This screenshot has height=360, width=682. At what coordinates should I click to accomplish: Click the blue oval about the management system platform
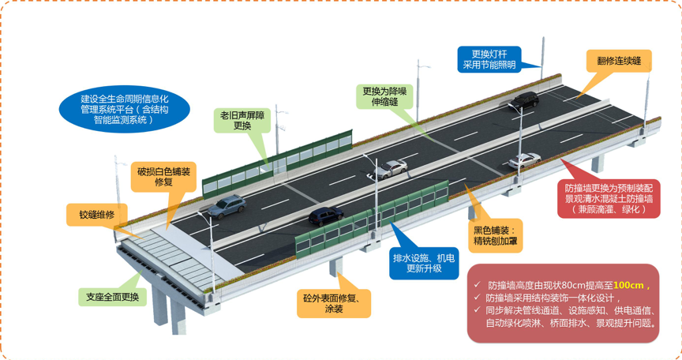[125, 109]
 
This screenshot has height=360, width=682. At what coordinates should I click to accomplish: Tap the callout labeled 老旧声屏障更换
[242, 121]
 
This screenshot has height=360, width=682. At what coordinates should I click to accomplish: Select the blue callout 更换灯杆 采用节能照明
[489, 59]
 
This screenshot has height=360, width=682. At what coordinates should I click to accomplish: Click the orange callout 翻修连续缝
[619, 61]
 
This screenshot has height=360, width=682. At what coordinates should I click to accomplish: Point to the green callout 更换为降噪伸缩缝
[384, 96]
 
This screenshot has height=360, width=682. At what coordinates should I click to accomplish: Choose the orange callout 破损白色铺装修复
[163, 177]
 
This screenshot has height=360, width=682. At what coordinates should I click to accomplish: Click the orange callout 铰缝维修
[96, 215]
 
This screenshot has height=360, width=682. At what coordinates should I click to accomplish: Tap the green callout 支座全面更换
[112, 297]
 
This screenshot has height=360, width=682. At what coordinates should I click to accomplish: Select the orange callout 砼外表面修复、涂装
[334, 303]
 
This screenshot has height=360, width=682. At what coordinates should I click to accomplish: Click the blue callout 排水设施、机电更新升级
[424, 263]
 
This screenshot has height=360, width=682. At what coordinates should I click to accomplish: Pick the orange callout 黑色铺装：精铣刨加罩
[495, 235]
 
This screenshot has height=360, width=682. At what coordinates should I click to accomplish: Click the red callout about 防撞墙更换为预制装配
[609, 199]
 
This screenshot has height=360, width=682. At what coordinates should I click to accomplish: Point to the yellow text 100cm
[628, 286]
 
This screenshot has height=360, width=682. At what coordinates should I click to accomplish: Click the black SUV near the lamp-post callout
[525, 100]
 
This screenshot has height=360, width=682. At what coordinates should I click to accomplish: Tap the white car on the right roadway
[525, 160]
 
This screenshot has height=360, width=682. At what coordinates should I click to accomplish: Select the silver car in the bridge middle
[391, 169]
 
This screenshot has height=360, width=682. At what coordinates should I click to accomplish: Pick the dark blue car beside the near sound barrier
[326, 216]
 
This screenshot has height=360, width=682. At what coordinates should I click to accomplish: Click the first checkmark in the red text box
[477, 285]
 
